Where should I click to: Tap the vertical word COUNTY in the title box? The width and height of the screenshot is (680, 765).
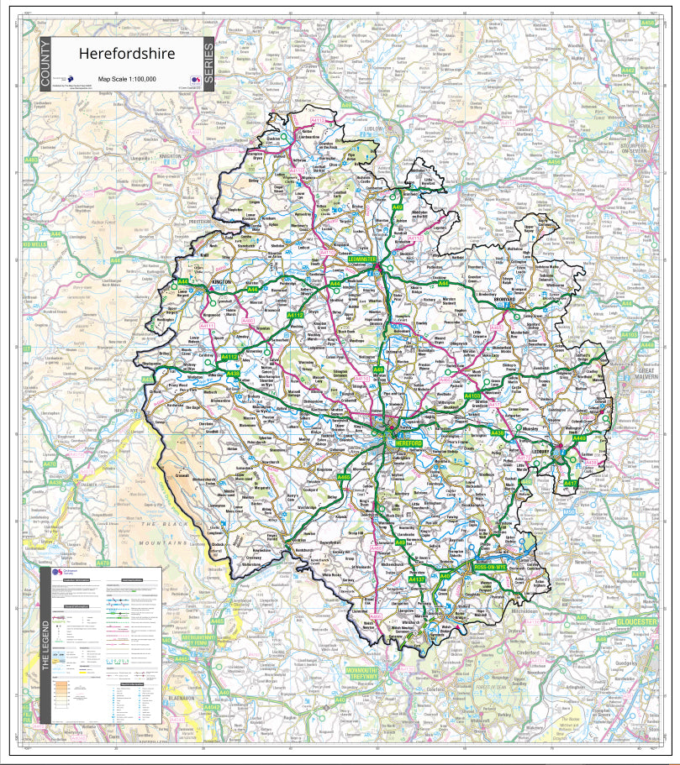point(45,65)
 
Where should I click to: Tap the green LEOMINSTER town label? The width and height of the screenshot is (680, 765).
point(365,259)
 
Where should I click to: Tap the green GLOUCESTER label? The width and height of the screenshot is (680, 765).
point(635,621)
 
